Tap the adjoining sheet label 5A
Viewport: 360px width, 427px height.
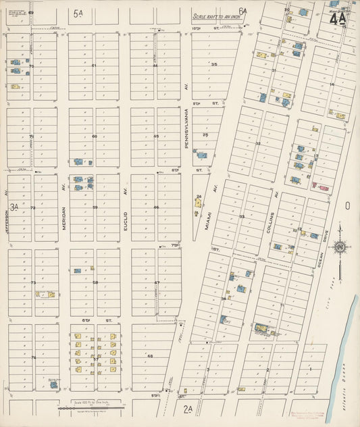79,11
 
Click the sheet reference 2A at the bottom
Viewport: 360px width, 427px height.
188,409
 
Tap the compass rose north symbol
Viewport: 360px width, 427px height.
340,249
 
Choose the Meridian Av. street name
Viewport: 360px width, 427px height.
64,218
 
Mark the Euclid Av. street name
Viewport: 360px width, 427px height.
126,218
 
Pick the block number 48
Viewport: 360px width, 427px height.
150,356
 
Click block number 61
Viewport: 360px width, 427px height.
95,66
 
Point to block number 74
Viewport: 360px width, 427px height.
32,357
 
